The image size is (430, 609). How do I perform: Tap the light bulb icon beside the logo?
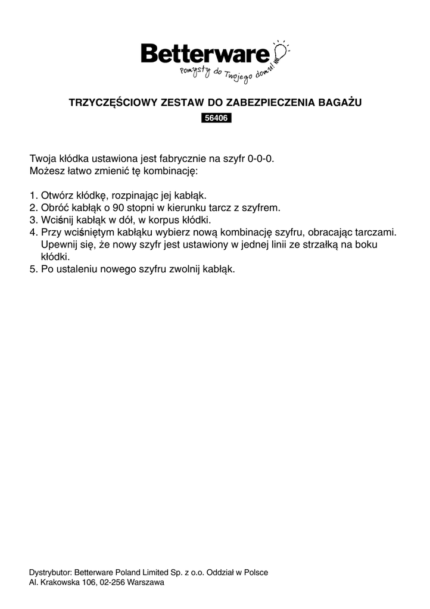point(280,52)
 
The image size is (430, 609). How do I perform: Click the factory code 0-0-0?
point(261,159)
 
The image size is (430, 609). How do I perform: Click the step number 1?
point(33,196)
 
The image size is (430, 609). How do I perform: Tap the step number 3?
point(33,220)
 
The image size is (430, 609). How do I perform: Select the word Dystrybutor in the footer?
point(51,572)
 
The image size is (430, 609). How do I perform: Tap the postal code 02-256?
point(110,583)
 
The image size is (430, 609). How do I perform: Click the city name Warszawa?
point(145,583)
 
